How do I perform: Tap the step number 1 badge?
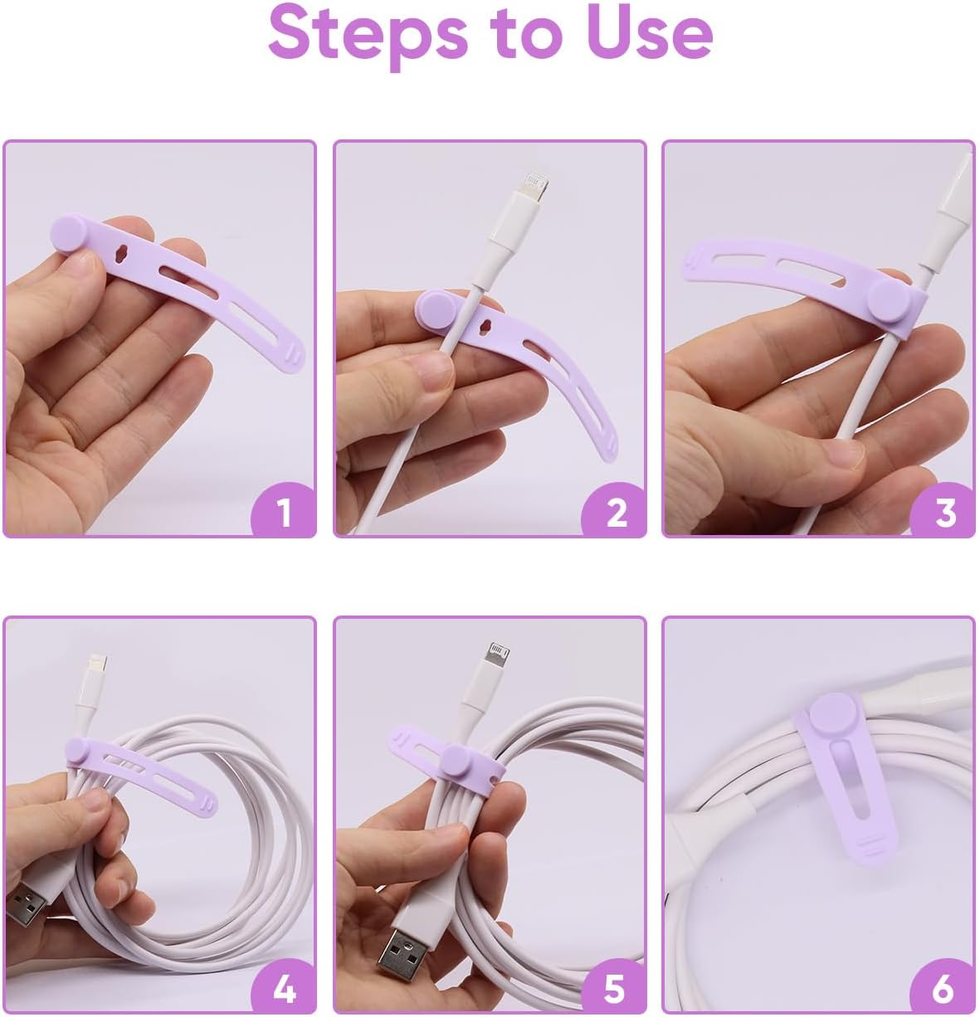coord(284,512)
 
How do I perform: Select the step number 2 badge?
coord(615,512)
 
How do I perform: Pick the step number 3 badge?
coord(944,512)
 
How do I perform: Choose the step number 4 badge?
coord(284,988)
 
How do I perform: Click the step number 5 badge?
coord(615,988)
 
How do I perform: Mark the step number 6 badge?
coord(944,988)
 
